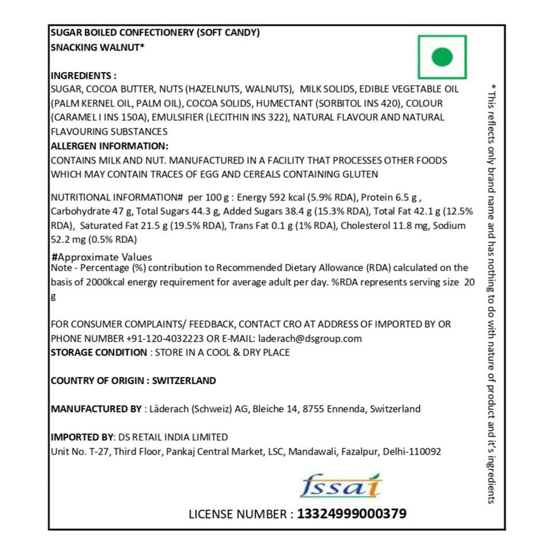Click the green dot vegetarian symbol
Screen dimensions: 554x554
tap(442, 57)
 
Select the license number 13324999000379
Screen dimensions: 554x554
tap(352, 514)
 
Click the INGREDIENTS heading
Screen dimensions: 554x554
tap(84, 75)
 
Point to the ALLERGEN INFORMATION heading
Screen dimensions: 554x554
tap(109, 146)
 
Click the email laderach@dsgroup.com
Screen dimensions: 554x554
tap(309, 338)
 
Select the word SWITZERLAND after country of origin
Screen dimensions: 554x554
tap(184, 381)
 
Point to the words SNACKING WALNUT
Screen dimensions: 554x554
tap(95, 47)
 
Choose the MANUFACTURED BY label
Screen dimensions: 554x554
tap(96, 409)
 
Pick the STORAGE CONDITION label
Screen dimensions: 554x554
tap(99, 352)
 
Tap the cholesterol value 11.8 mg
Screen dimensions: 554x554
tap(405, 225)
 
